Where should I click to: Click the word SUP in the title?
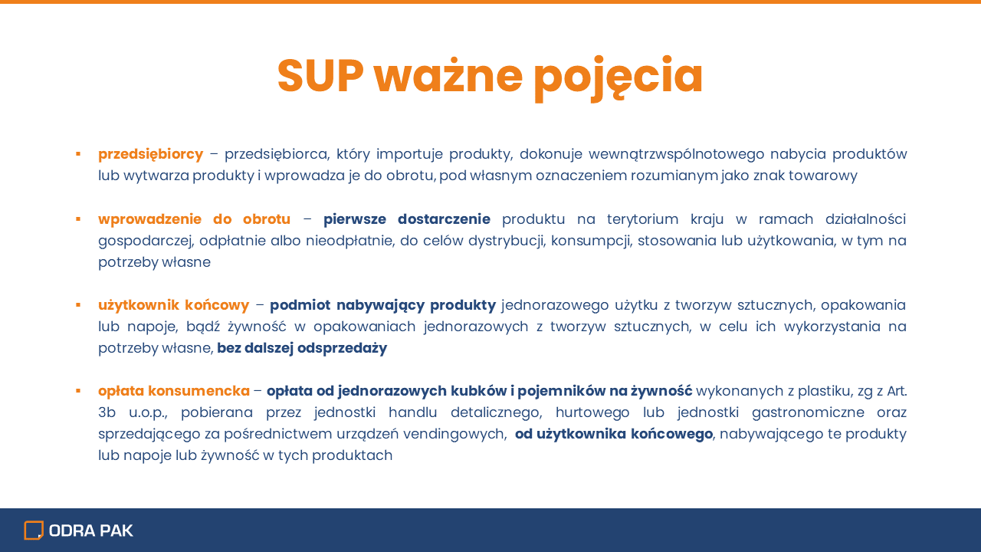pos(320,75)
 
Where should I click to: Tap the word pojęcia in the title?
pos(618,78)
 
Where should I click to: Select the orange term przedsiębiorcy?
pos(151,155)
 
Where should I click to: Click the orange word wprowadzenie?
pos(149,219)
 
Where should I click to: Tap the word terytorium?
pos(642,219)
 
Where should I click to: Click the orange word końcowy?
pos(217,305)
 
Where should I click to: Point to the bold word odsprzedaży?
pos(342,349)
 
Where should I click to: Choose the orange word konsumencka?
pos(198,391)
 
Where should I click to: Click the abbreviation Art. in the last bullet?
pos(897,391)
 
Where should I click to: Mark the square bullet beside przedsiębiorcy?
pos(78,154)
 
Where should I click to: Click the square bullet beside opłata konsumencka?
pos(78,391)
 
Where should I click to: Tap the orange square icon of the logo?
pos(34,531)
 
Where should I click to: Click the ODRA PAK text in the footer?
pos(90,531)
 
